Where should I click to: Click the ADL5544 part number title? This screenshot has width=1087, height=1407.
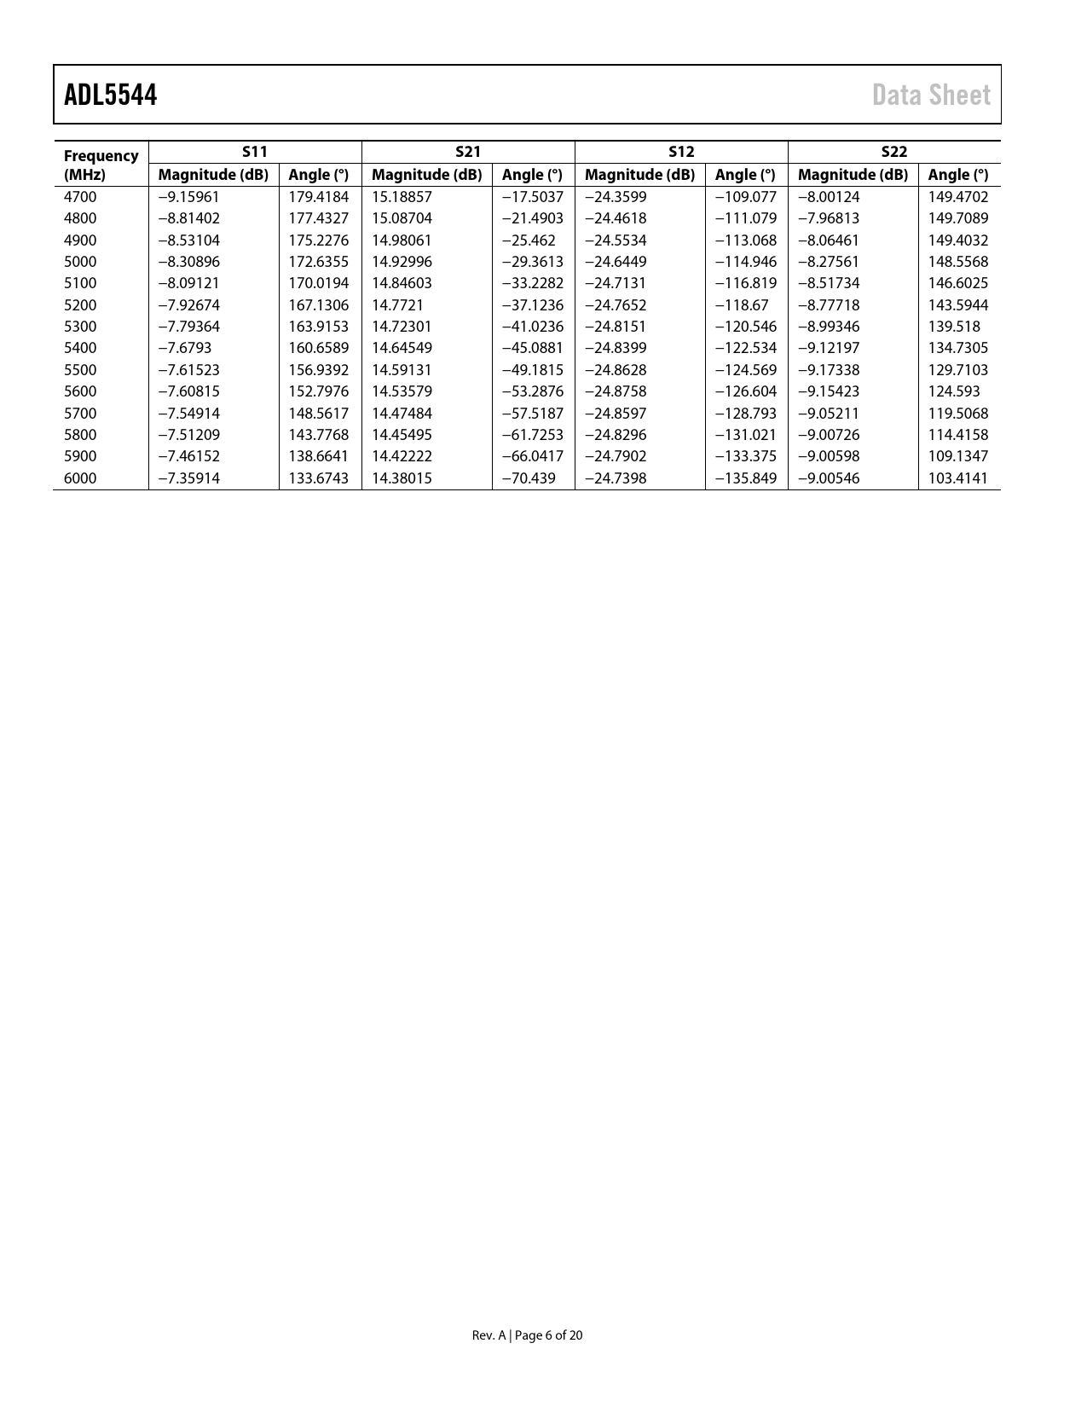click(110, 95)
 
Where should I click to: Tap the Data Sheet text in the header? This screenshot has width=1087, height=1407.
click(931, 95)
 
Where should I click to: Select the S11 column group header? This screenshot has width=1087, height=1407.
click(255, 152)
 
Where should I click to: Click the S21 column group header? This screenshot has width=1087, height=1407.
click(468, 152)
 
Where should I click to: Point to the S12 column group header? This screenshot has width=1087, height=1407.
click(681, 152)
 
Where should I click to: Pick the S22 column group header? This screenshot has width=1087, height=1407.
click(893, 152)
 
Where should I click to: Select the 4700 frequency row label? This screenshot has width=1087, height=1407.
click(80, 197)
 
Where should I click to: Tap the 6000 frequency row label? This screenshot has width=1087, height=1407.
click(80, 478)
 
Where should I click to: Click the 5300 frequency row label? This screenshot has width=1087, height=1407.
click(80, 327)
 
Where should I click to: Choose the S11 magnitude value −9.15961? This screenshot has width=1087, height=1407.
click(188, 197)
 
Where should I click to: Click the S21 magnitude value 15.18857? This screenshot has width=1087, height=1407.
click(402, 197)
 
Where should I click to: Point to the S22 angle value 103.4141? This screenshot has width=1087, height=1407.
click(957, 478)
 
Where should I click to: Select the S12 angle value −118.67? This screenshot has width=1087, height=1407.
click(740, 305)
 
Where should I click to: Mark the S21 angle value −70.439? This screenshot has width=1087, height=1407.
click(528, 478)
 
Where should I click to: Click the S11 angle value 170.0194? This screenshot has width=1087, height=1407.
click(318, 283)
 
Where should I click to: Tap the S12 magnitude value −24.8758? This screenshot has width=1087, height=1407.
click(615, 391)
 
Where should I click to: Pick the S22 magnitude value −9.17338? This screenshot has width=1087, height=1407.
click(828, 370)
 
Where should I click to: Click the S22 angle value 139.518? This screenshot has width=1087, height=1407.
click(953, 327)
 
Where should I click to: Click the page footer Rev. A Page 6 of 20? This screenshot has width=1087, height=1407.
click(527, 1335)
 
